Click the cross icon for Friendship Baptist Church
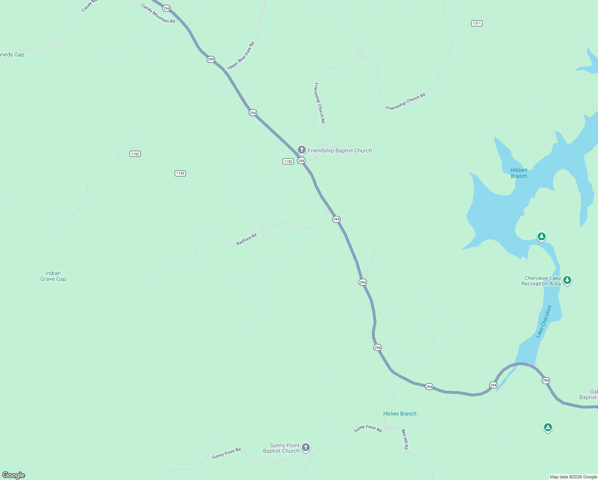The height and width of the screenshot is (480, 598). pyautogui.click(x=302, y=150)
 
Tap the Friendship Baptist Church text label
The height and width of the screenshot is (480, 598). pyautogui.click(x=339, y=151)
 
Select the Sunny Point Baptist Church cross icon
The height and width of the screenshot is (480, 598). pyautogui.click(x=306, y=447)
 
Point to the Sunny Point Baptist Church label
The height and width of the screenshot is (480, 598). pyautogui.click(x=281, y=448)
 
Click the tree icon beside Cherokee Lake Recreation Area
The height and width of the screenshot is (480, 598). pyautogui.click(x=567, y=280)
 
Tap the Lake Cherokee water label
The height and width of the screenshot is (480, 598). pyautogui.click(x=544, y=322)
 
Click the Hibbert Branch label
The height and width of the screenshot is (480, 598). pyautogui.click(x=519, y=173)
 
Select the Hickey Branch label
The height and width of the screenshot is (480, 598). pyautogui.click(x=400, y=414)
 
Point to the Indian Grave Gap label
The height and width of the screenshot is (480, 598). pyautogui.click(x=53, y=276)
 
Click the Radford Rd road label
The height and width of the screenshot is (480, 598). pyautogui.click(x=246, y=239)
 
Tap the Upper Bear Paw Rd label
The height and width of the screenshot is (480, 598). pyautogui.click(x=241, y=56)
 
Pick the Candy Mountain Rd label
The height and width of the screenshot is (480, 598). pyautogui.click(x=158, y=14)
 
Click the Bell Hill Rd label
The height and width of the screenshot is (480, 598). pyautogui.click(x=405, y=439)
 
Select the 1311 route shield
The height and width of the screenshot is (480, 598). pyautogui.click(x=476, y=23)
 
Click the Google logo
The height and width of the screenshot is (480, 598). pyautogui.click(x=14, y=475)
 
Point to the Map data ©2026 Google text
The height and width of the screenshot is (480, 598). pyautogui.click(x=573, y=477)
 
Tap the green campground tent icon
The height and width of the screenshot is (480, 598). pyautogui.click(x=548, y=428)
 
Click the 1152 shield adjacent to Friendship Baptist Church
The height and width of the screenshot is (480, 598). pyautogui.click(x=288, y=161)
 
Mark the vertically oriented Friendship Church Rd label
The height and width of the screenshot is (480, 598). pyautogui.click(x=319, y=103)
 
